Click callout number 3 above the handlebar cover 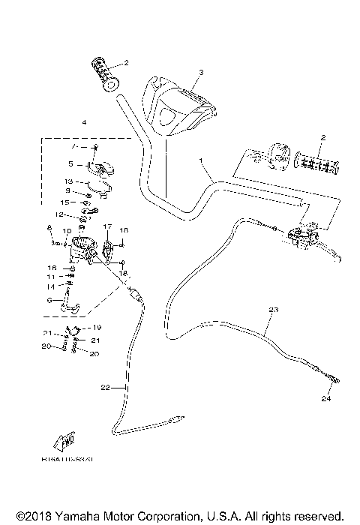pos(201,73)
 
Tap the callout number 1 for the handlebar pos(201,161)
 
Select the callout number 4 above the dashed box pos(84,122)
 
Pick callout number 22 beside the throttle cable pos(105,387)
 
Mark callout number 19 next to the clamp pos(97,328)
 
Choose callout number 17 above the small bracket pos(107,226)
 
